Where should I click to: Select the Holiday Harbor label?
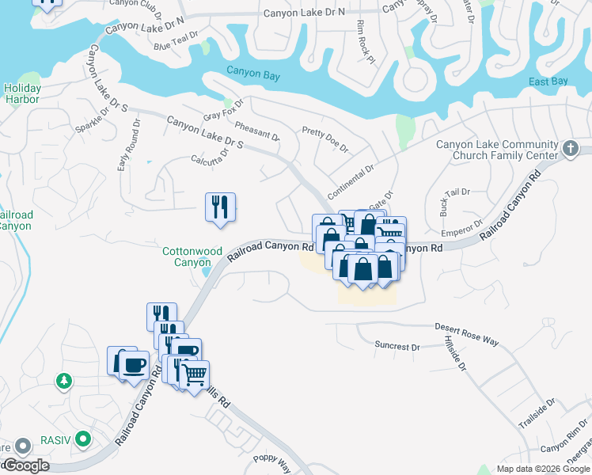tap(22, 93)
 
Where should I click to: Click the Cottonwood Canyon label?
tap(192, 256)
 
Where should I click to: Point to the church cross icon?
tap(571, 149)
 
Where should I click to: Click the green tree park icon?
tap(64, 382)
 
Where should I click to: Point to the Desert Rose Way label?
tap(467, 333)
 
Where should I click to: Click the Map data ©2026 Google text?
tap(542, 469)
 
